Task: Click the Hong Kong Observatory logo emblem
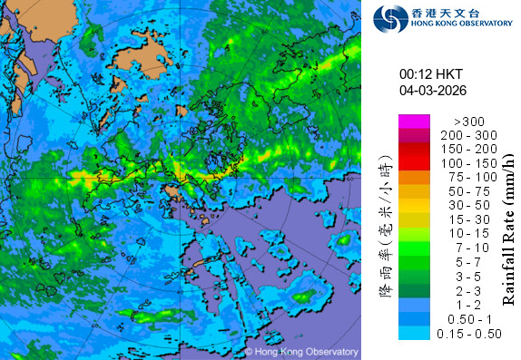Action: click(391, 17)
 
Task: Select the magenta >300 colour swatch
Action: click(414, 121)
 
